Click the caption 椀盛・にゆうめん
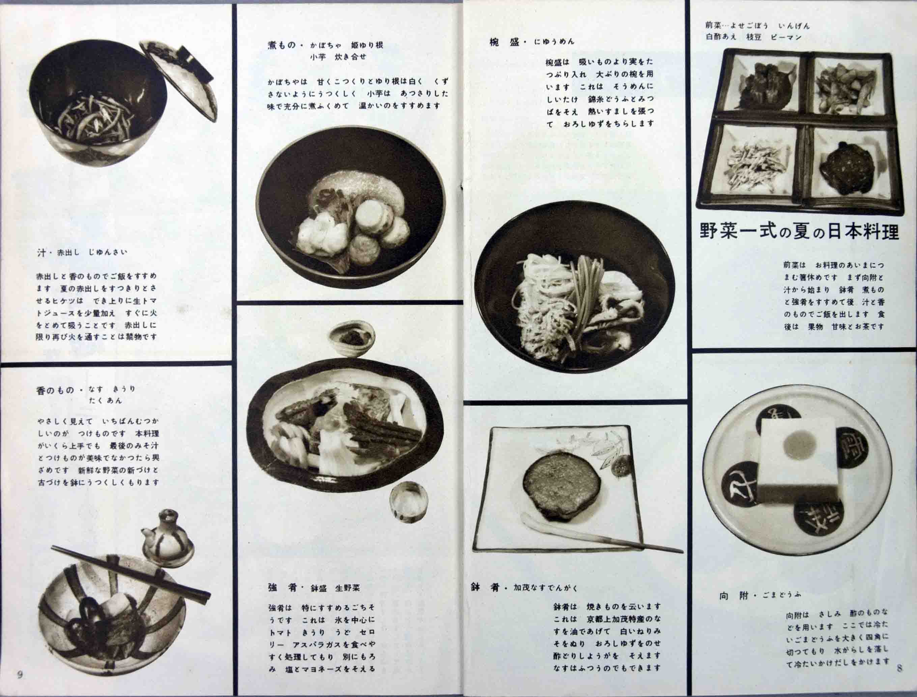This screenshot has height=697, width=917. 532,41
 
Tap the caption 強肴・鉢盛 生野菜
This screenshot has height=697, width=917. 314,587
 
